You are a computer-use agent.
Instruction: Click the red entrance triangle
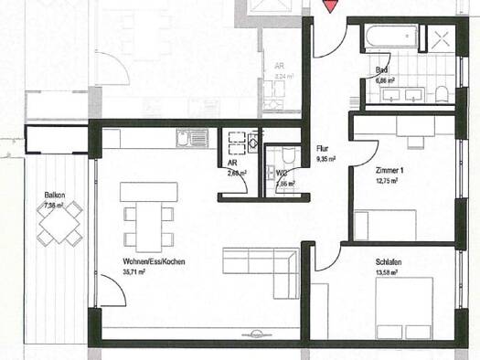pyautogui.click(x=330, y=5)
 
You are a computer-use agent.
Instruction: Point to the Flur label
pyautogui.click(x=322, y=148)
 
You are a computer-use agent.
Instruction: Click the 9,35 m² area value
pyautogui.click(x=325, y=159)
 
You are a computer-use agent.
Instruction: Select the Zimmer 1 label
pyautogui.click(x=391, y=171)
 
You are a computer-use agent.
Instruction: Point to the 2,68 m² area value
pyautogui.click(x=238, y=171)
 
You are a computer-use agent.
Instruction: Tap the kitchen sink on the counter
pyautogui.click(x=187, y=139)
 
